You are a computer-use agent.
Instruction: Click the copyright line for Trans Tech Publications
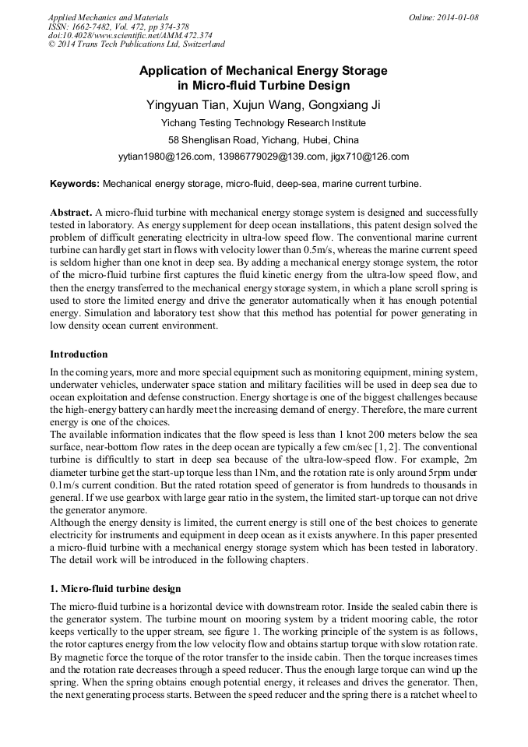click(136, 45)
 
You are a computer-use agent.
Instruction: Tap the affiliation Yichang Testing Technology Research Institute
click(263, 122)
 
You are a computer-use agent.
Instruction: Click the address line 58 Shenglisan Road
click(263, 140)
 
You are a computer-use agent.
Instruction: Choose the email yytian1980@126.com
click(166, 157)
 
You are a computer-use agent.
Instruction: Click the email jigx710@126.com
click(369, 157)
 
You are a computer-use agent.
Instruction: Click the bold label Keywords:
click(75, 185)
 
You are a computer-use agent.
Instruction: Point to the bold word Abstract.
click(71, 213)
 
